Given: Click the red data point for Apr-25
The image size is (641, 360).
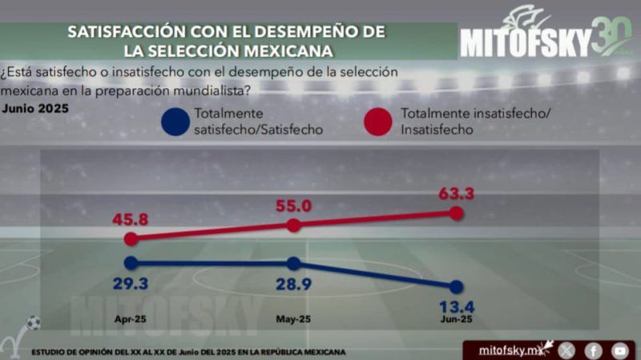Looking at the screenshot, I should click(131, 238).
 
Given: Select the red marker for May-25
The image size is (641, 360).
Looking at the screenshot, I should click(293, 225).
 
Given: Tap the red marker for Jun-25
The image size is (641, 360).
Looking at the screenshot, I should click(457, 212).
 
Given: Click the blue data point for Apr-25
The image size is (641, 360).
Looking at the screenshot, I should click(131, 262).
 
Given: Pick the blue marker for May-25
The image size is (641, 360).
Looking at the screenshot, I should click(293, 263).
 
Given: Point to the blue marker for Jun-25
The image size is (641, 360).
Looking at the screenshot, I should click(457, 286).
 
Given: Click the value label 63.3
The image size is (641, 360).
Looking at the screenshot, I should click(457, 193).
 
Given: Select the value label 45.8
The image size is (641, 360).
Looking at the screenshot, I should click(131, 218).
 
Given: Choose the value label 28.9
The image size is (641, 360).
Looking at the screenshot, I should click(293, 283).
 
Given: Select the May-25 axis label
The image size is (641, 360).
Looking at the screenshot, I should click(293, 319).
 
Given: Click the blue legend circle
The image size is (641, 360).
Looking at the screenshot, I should click(175, 123).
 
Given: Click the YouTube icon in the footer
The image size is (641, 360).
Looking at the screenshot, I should click(619, 350).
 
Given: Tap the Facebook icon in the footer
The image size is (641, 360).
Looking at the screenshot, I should click(594, 350).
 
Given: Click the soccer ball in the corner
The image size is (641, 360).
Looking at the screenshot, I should click(33, 322).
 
